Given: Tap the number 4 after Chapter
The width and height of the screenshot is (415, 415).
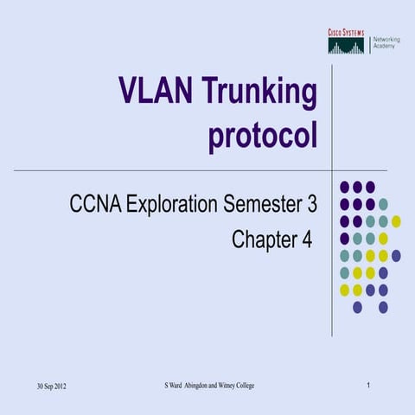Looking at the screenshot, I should pyautogui.click(x=305, y=239).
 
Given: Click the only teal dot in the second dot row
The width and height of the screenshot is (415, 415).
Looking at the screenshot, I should pyautogui.click(x=383, y=204).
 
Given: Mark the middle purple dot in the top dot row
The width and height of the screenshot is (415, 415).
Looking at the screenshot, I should pyautogui.click(x=357, y=187).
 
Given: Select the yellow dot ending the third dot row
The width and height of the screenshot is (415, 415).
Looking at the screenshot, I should pyautogui.click(x=396, y=221).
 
